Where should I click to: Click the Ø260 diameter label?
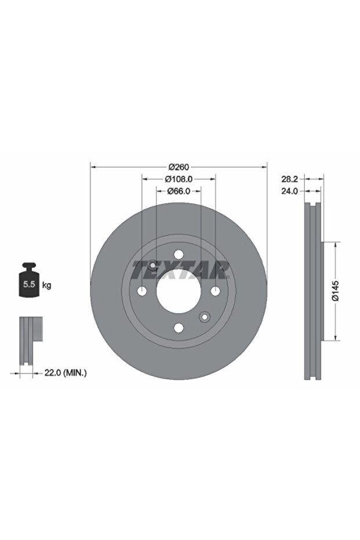[179, 167]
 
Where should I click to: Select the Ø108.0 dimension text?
[179, 179]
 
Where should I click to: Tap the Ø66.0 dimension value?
[179, 191]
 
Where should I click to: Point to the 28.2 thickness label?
[289, 179]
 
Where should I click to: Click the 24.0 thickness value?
[289, 191]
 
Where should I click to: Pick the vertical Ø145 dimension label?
[336, 291]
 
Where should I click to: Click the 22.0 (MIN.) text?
[66, 372]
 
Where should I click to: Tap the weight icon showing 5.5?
[29, 280]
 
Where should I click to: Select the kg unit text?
[46, 285]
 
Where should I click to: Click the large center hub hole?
[179, 291]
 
